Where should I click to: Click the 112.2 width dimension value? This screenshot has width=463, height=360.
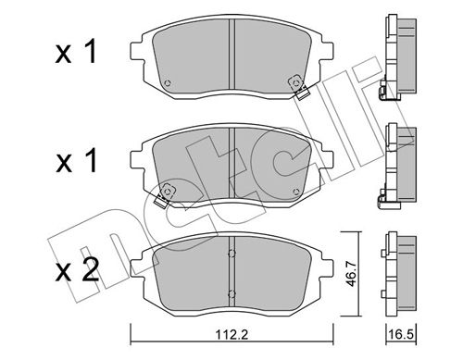pyautogui.click(x=231, y=334)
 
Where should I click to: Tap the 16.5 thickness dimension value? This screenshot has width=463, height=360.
pyautogui.click(x=401, y=334)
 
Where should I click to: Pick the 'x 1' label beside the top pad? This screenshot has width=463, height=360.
pyautogui.click(x=76, y=52)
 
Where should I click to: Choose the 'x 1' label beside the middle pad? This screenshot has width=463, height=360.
pyautogui.click(x=76, y=161)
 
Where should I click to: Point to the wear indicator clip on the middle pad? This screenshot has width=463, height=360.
pyautogui.click(x=164, y=195)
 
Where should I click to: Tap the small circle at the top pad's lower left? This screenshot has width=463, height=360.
pyautogui.click(x=168, y=83)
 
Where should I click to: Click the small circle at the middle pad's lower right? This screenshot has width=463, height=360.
pyautogui.click(x=296, y=192)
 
